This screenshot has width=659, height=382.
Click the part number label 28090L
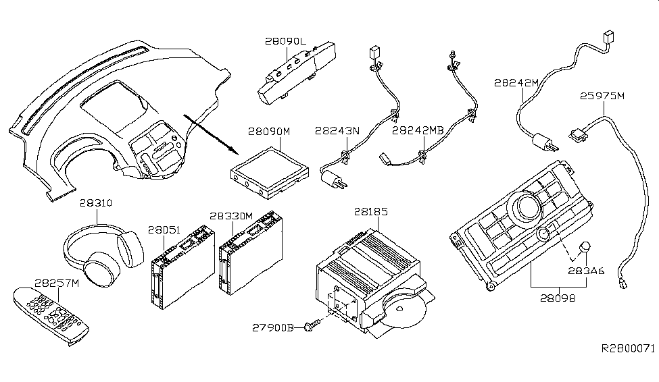(x=286, y=41)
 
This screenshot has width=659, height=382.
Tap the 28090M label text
(x=269, y=132)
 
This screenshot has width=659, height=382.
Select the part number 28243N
(x=337, y=131)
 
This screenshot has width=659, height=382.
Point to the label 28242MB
(x=418, y=130)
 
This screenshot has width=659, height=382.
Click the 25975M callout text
(x=602, y=96)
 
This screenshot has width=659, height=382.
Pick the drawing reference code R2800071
(x=629, y=348)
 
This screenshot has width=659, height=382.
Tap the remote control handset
(x=51, y=315)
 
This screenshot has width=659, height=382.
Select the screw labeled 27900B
(x=313, y=325)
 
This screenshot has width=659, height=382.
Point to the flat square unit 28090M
(x=270, y=173)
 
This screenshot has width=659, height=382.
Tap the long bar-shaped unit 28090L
(x=297, y=72)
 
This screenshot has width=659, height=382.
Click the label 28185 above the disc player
(x=370, y=211)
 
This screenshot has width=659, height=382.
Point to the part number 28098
(x=558, y=298)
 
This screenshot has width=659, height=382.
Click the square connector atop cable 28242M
(x=608, y=36)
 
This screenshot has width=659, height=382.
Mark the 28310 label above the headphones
(x=96, y=203)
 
